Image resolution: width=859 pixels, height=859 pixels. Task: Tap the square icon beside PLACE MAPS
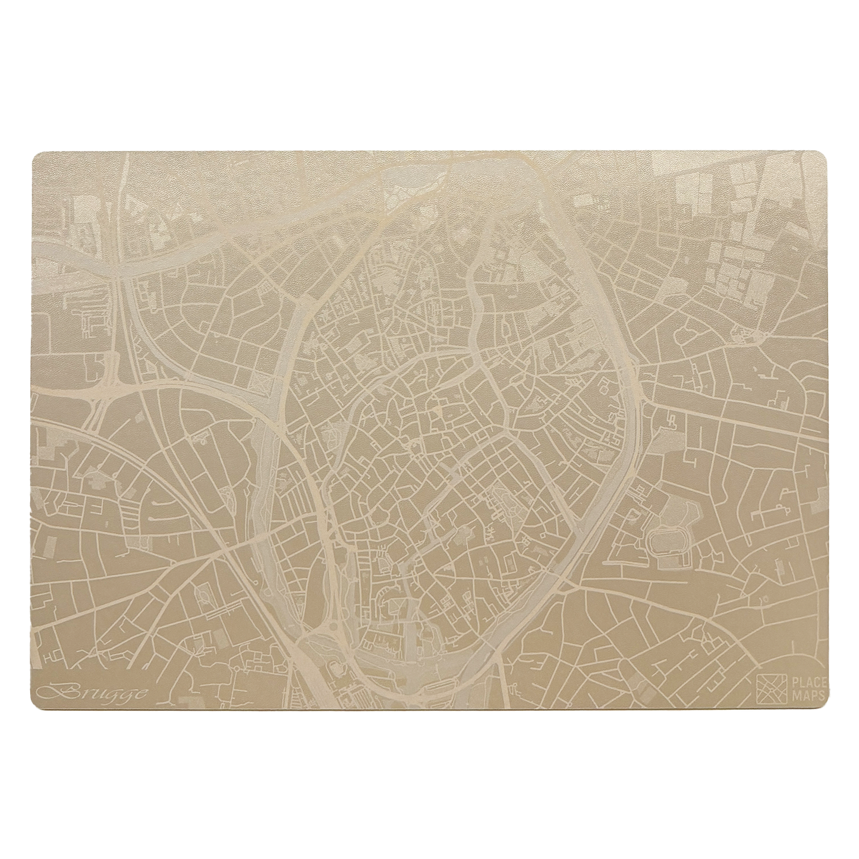click(771, 688)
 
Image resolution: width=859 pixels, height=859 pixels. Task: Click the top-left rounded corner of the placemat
click(37, 156)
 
